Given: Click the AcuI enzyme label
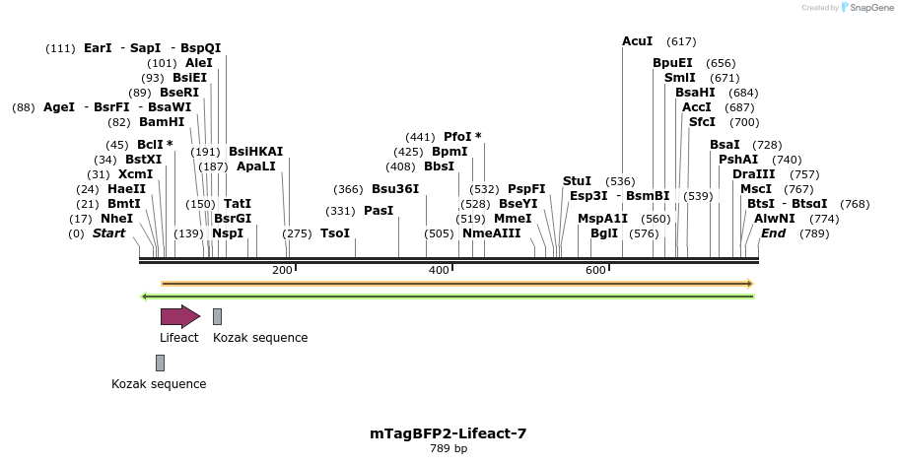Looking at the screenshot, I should tap(637, 41).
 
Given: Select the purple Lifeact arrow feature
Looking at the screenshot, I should tap(179, 315).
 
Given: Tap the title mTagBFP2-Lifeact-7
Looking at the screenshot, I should tap(449, 432).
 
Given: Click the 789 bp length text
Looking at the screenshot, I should tap(449, 449).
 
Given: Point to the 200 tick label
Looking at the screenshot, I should tap(282, 270).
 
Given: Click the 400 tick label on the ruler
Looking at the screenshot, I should tap(439, 270).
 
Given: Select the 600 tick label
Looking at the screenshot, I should tap(595, 270).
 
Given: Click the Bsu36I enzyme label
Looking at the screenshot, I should tap(394, 189).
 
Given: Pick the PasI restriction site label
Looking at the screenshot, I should tap(379, 211).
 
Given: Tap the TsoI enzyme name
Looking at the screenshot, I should tap(335, 233).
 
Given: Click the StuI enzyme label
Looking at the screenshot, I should tap(577, 181).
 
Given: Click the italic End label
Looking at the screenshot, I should tap(773, 233).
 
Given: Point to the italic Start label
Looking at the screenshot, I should tap(108, 233).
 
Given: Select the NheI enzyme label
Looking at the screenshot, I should tap(116, 219).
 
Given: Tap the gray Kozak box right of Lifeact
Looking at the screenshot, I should tap(217, 316).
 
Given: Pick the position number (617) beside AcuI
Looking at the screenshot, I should tap(681, 41).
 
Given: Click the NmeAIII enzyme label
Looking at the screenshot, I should tap(491, 233).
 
